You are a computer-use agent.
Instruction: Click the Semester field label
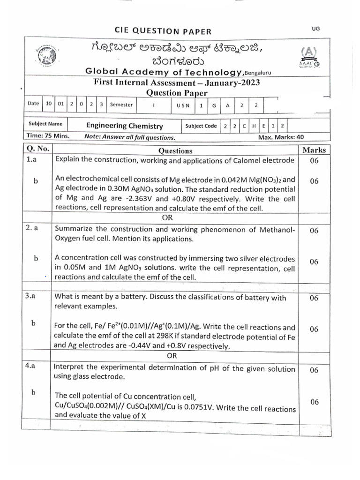click(121, 105)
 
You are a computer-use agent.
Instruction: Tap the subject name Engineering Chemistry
click(125, 126)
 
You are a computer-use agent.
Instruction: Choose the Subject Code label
click(201, 126)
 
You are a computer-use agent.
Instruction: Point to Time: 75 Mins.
click(49, 136)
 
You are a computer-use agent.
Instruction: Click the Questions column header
click(175, 150)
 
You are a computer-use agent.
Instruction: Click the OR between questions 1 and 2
click(167, 218)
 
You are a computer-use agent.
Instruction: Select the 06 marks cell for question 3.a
click(314, 298)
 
